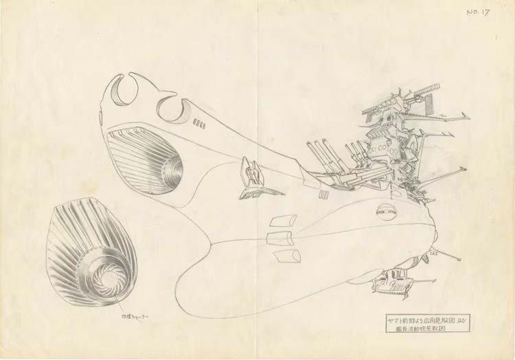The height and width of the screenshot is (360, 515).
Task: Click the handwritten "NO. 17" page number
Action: click(477, 12)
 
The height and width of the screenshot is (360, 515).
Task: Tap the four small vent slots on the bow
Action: click(200, 124)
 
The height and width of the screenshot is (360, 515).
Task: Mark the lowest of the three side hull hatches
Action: click(287, 256)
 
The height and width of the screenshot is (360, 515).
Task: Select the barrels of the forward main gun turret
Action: click(320, 155)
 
